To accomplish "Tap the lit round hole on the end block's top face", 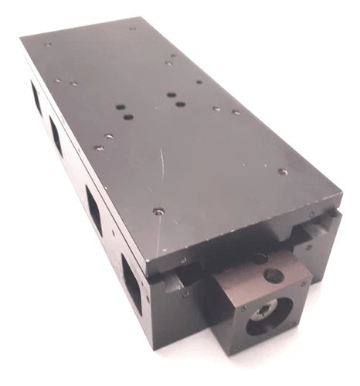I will coord(273,275).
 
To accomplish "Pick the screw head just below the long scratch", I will coord(158,211).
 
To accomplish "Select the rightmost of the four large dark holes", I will coord(180,103).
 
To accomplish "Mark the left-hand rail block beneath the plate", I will coord(175,272).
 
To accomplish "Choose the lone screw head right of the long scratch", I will coord(283,171).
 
